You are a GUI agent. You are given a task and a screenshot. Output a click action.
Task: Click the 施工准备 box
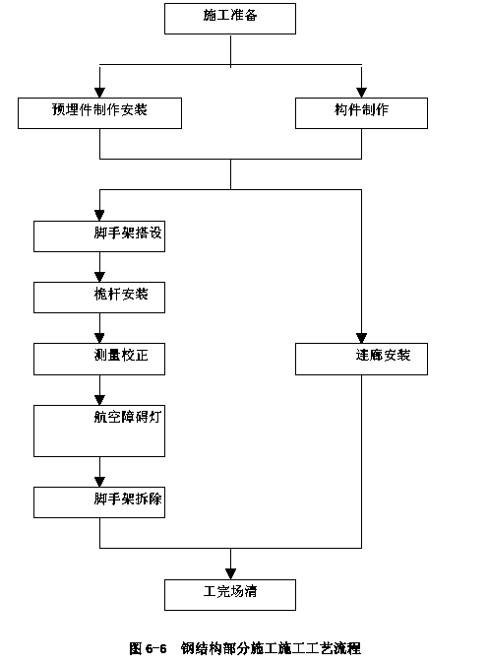[230, 19]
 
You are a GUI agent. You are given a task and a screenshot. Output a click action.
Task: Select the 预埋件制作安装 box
[99, 113]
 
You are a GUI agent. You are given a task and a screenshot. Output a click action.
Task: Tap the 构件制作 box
[361, 113]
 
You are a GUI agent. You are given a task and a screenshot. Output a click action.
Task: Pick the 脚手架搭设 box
[99, 236]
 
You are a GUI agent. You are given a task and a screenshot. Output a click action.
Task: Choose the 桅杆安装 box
[99, 298]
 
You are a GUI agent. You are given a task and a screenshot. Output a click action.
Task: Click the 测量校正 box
[99, 359]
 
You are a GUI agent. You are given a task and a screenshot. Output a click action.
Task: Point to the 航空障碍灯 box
[99, 431]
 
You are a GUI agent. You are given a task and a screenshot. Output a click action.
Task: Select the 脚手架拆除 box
[99, 502]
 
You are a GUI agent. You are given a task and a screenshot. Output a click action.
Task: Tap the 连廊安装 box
[361, 359]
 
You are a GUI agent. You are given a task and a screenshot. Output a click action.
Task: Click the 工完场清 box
[230, 595]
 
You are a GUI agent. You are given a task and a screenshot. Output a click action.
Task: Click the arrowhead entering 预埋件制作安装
[99, 93]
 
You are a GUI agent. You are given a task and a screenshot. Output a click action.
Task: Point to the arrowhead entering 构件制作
[361, 93]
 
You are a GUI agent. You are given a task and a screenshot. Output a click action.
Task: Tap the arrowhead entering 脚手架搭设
[99, 216]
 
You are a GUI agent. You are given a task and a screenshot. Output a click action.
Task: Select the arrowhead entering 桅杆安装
[99, 277]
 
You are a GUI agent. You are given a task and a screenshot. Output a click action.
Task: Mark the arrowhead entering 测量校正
[99, 338]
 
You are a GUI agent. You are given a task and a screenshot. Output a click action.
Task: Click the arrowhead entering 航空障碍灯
[99, 400]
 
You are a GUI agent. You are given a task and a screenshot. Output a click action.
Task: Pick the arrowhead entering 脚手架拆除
[99, 482]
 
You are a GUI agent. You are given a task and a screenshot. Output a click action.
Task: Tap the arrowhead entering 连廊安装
[361, 338]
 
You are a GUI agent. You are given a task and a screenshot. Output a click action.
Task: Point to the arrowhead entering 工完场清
[230, 574]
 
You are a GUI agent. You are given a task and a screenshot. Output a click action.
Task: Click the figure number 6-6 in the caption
[155, 648]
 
